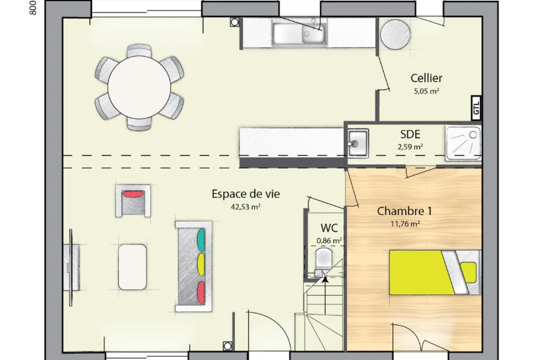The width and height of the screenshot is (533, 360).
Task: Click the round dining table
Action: coord(139,87)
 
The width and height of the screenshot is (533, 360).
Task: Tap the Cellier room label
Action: coord(426,78)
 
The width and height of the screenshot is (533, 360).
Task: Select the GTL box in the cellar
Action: coord(476,108)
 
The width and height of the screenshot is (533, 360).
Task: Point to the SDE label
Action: coord(410,134)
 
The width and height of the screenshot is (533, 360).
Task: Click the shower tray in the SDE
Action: coord(463,143)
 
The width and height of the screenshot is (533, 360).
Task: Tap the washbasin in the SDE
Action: coord(358,143)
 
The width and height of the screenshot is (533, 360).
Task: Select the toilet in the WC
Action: coord(324,262)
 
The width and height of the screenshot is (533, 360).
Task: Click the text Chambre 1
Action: coord(405,211)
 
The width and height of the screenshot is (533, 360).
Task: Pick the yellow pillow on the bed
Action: coord(469,272)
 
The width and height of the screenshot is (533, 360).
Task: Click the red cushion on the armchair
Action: coord(133,194)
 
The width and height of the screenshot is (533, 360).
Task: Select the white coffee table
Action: coord(133,267)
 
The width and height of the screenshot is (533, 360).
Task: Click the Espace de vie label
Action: coord(246,194)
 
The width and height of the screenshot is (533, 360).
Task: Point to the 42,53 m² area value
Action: coord(245,206)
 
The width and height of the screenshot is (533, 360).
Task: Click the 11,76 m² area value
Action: coord(405,223)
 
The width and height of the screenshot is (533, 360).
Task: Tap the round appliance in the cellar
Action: coord(395,34)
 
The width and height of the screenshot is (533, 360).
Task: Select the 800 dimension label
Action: coord(33,8)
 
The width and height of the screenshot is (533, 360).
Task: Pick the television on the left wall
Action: coord(71,267)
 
